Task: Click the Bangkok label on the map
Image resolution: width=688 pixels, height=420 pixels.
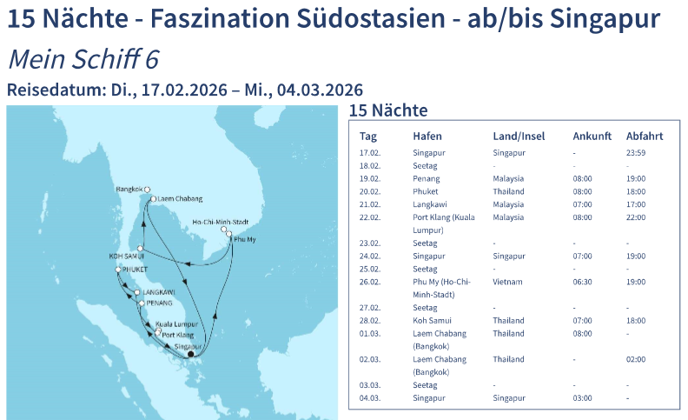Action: click(x=129, y=189)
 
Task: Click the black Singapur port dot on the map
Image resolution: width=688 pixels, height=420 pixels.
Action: click(x=191, y=353)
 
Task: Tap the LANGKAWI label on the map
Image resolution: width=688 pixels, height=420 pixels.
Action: click(x=158, y=292)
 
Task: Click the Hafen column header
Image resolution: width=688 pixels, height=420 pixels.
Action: click(x=427, y=136)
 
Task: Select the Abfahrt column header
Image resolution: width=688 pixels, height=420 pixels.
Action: click(x=645, y=136)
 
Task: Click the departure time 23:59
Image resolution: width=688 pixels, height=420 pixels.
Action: click(x=636, y=153)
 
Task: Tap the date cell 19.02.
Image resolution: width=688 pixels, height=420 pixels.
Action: click(x=369, y=179)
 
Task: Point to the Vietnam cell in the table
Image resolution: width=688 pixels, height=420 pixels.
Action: click(x=508, y=283)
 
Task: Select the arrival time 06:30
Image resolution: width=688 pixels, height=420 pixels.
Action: click(x=582, y=283)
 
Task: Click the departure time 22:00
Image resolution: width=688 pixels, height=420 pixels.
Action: click(x=636, y=217)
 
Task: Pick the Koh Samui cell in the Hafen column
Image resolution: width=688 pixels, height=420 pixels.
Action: click(x=431, y=321)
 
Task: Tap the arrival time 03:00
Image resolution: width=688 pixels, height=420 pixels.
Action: click(x=582, y=398)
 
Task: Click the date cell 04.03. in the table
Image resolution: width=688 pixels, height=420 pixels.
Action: click(x=369, y=398)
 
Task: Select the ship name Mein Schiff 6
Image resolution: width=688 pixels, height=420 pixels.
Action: click(x=83, y=59)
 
